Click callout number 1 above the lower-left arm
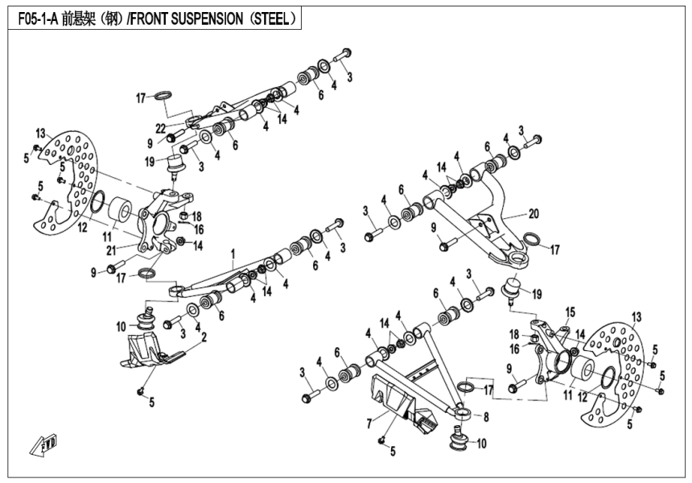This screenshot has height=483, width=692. (x=233, y=253)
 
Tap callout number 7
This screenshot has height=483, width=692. (x=369, y=421)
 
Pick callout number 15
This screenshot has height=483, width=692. (x=570, y=312)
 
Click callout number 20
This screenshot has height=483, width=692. (x=533, y=215)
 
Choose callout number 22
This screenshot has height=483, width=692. (x=161, y=129)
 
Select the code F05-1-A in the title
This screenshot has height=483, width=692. (x=36, y=16)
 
